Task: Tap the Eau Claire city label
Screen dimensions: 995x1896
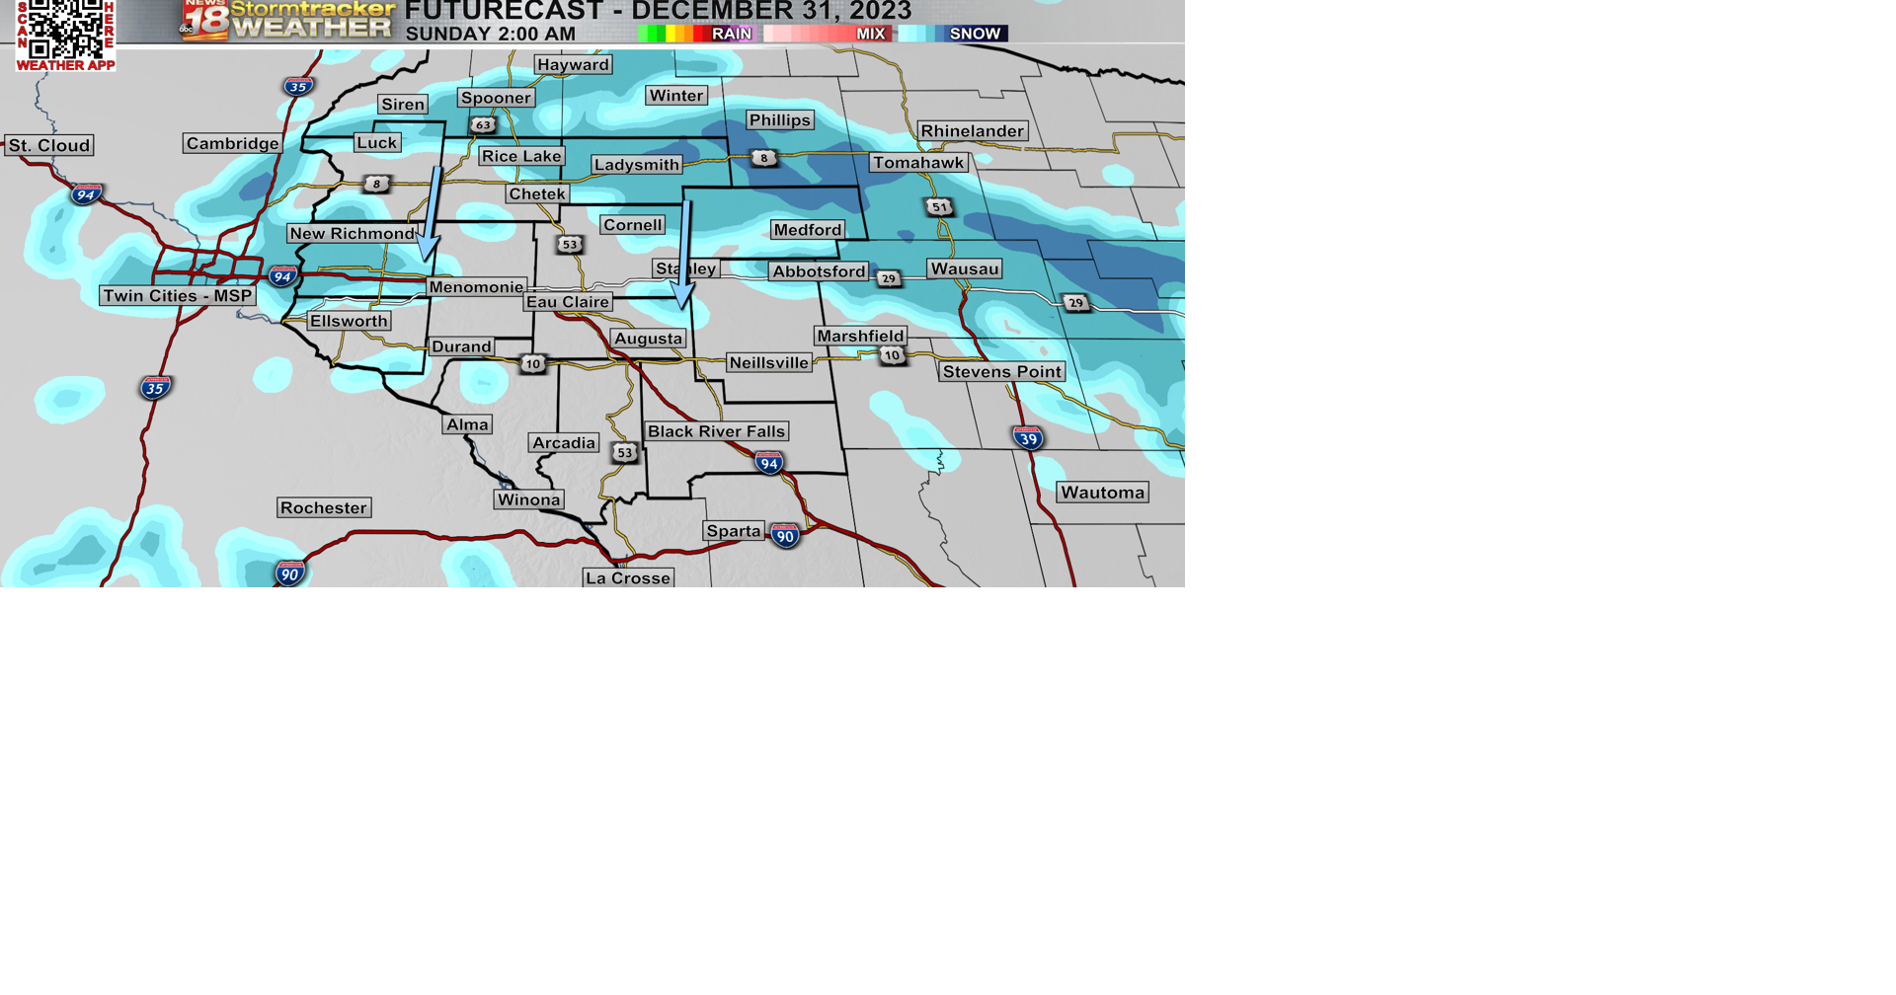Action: [x=568, y=302]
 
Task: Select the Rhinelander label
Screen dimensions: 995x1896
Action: [x=973, y=131]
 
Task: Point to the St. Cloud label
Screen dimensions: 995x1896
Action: [x=49, y=146]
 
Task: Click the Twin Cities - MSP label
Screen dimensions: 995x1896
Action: [x=178, y=296]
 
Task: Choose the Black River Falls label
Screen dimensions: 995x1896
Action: [x=717, y=431]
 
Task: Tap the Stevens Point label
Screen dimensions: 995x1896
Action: [x=1002, y=372]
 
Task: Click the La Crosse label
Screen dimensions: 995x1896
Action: [x=628, y=578]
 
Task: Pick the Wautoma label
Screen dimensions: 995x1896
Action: [x=1103, y=493]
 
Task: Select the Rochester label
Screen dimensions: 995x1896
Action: [x=324, y=508]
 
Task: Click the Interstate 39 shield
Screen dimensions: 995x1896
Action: [x=1028, y=437]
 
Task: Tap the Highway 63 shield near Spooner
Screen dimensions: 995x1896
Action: [x=483, y=125]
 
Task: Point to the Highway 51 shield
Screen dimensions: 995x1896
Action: [x=939, y=207]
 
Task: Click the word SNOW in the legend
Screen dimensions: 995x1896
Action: [x=975, y=34]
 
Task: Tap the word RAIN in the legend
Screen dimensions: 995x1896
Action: [x=732, y=34]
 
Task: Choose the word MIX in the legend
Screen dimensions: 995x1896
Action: [x=870, y=34]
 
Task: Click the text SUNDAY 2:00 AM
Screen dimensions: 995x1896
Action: [x=491, y=34]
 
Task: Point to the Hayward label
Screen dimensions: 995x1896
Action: [x=574, y=65]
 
